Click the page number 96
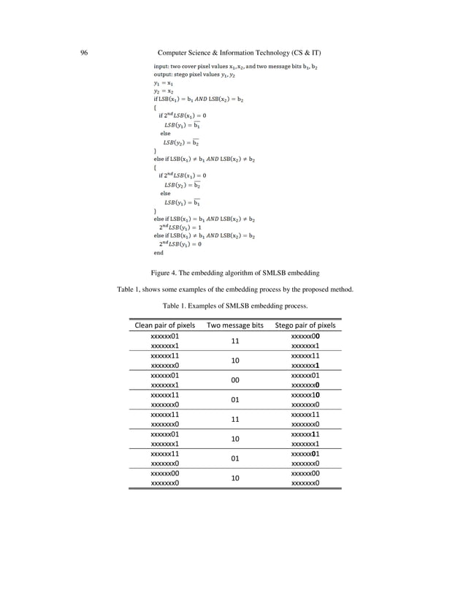click(x=85, y=53)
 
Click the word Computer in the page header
click(x=177, y=53)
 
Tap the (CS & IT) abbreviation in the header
click(x=308, y=53)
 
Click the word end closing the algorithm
click(x=158, y=252)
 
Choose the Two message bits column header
click(x=235, y=325)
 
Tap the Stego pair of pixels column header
click(x=305, y=325)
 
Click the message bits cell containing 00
click(x=235, y=380)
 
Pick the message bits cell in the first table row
click(x=235, y=341)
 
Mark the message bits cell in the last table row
click(x=235, y=479)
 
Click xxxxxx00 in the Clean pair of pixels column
click(x=164, y=474)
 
